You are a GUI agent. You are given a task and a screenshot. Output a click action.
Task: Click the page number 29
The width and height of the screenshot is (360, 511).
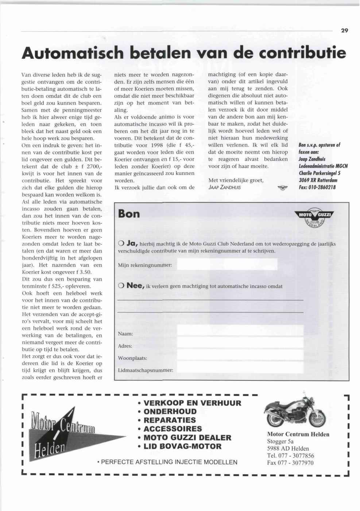[345, 31]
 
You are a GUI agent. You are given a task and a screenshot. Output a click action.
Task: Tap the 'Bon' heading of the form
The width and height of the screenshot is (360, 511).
[129, 214]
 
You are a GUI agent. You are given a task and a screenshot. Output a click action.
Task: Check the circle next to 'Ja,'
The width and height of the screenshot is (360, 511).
[121, 243]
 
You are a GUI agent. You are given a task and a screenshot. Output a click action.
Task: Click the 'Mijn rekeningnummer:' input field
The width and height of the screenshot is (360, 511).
[227, 265]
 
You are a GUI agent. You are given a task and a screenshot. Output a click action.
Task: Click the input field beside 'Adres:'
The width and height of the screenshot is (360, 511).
[240, 343]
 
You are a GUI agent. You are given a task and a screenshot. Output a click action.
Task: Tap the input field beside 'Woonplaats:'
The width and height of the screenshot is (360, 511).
[240, 355]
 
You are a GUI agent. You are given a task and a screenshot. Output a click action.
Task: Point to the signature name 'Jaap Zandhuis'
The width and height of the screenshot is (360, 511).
[224, 188]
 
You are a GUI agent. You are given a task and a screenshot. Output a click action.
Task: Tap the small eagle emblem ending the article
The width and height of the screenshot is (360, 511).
[282, 188]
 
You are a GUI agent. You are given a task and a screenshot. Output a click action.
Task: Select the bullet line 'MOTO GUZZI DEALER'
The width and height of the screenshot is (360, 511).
[187, 437]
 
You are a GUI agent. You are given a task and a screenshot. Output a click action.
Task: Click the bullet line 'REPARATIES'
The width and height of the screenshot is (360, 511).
[170, 420]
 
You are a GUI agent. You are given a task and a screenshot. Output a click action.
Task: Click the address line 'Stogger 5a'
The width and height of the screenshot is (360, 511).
[280, 441]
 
